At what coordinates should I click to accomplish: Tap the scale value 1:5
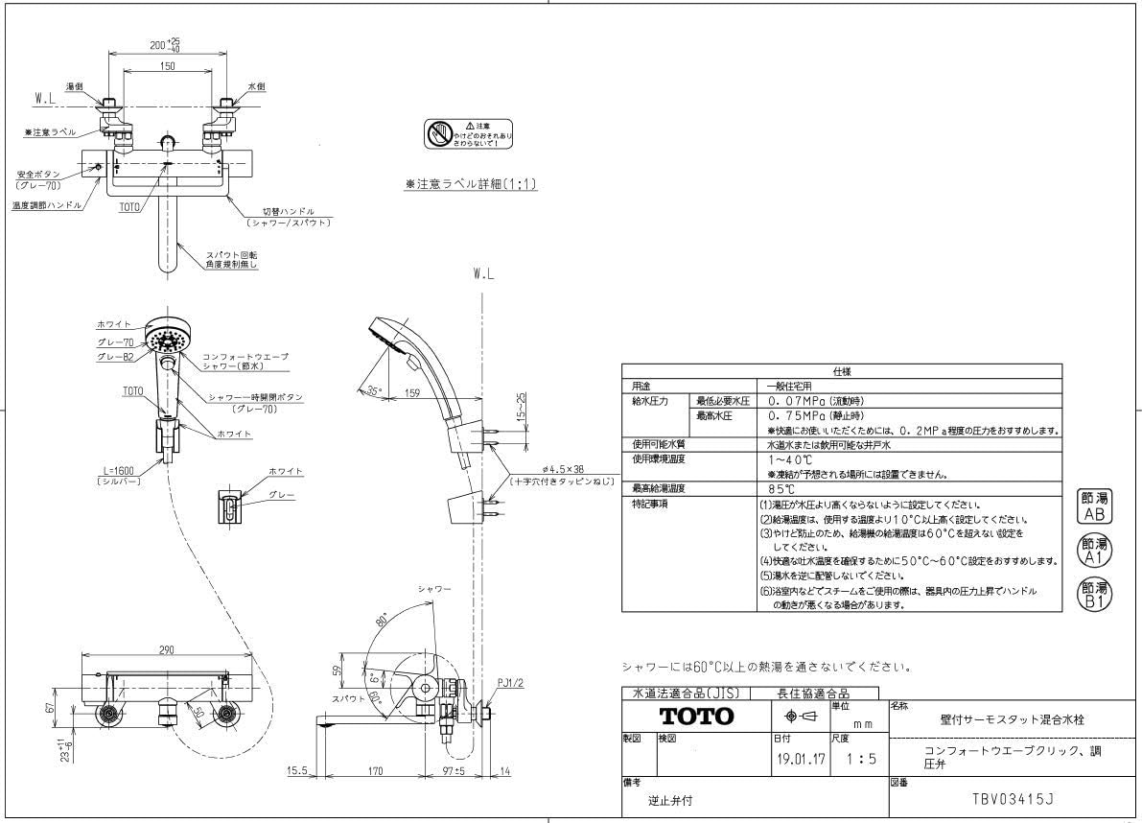(x=860, y=758)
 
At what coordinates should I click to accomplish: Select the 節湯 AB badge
(x=1094, y=506)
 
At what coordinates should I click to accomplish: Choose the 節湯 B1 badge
(x=1094, y=595)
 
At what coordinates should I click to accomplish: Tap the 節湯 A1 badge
(x=1094, y=551)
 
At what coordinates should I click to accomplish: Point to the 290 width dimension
(x=166, y=651)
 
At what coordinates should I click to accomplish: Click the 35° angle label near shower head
(x=373, y=389)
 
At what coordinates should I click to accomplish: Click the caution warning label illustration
(x=469, y=134)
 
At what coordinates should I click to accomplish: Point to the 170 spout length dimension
(x=375, y=769)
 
